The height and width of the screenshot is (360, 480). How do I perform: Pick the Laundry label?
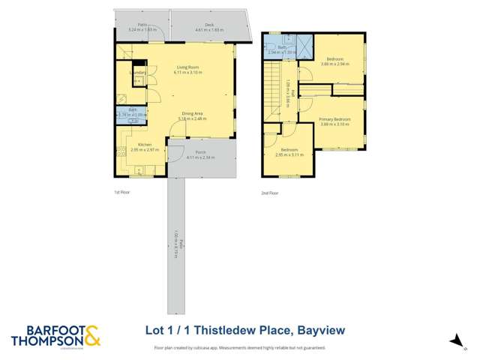(x=139, y=73)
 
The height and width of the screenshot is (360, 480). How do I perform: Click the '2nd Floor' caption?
(x=269, y=193)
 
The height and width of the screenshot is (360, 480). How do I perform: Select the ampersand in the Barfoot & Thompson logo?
(x=91, y=335)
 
